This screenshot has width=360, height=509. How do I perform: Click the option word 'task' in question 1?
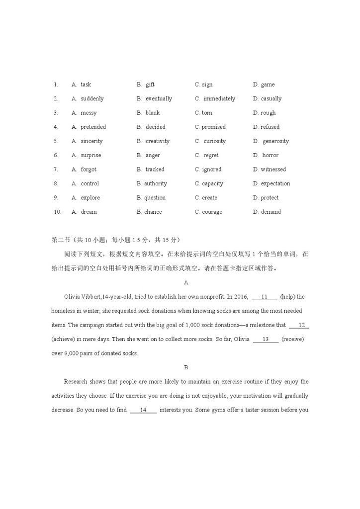click(x=86, y=85)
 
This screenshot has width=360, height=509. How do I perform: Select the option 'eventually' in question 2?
click(x=159, y=99)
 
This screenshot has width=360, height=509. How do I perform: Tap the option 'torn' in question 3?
click(x=207, y=113)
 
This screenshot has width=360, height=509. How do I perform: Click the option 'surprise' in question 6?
click(x=91, y=156)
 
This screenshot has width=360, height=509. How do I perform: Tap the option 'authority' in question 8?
click(x=156, y=183)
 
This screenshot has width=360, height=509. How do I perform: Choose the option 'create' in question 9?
click(x=209, y=198)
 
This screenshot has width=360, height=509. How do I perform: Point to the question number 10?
click(x=57, y=212)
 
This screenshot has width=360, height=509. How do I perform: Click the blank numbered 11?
click(x=264, y=297)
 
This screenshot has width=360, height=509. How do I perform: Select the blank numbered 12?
click(x=299, y=326)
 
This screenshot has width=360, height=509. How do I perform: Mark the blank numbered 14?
click(x=143, y=410)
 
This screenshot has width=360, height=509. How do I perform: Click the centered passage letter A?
click(x=186, y=283)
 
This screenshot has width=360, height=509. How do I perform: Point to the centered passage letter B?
click(x=186, y=368)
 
